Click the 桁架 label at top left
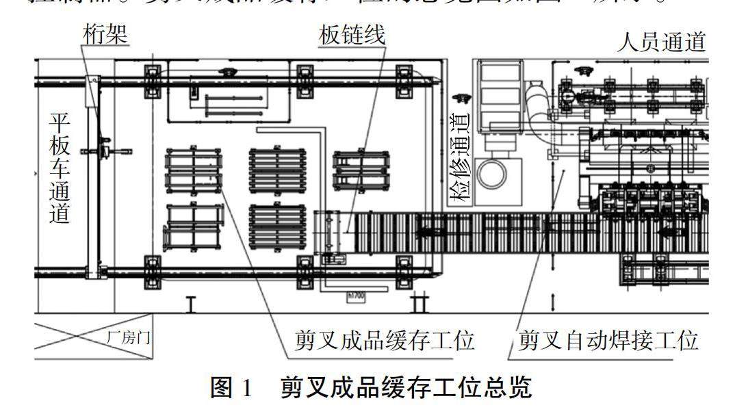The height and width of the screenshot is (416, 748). point(105,35)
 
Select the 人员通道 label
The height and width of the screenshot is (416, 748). point(660,42)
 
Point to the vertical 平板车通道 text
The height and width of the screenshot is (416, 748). point(61,168)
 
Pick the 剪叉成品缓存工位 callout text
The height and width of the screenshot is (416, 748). point(385,340)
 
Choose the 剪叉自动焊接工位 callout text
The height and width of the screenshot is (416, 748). point(608,340)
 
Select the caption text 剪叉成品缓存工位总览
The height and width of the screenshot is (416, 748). point(406,388)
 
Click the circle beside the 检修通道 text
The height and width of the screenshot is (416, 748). point(492,174)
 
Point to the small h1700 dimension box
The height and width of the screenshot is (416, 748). point(354,296)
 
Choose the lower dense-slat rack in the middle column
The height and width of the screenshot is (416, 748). point(276,226)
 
